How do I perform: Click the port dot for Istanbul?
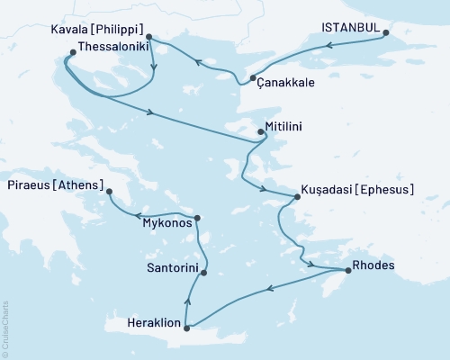(386, 34)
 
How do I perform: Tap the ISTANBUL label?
(350, 29)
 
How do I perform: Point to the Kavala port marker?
(149, 38)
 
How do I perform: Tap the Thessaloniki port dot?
(71, 52)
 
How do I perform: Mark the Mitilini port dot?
(261, 132)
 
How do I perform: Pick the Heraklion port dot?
(186, 328)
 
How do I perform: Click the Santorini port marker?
(204, 273)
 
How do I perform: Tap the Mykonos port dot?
(197, 218)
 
